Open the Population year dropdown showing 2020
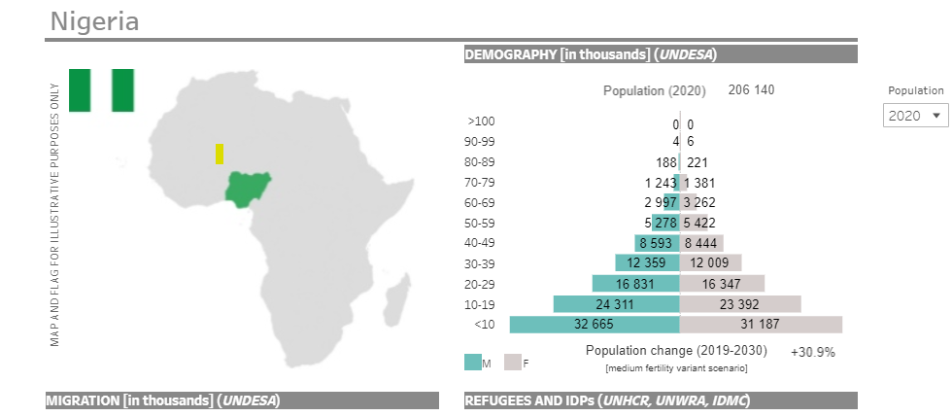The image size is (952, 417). [915, 116]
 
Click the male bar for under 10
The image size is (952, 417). [594, 325]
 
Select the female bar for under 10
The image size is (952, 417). [761, 325]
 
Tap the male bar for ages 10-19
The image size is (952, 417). [616, 303]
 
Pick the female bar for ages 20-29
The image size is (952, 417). [722, 283]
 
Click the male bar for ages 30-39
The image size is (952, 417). [647, 262]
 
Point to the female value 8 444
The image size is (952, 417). [700, 242]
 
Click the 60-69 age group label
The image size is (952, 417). [481, 202]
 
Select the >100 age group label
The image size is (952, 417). [481, 122]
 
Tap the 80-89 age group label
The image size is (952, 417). [481, 162]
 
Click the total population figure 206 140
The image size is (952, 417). [751, 90]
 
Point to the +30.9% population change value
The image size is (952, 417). [812, 352]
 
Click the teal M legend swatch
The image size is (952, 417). [473, 363]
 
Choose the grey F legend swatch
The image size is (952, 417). [513, 363]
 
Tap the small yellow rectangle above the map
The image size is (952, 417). [220, 154]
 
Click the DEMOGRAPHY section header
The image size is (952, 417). [590, 54]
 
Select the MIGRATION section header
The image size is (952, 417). [162, 400]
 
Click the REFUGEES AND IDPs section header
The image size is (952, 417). [607, 400]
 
